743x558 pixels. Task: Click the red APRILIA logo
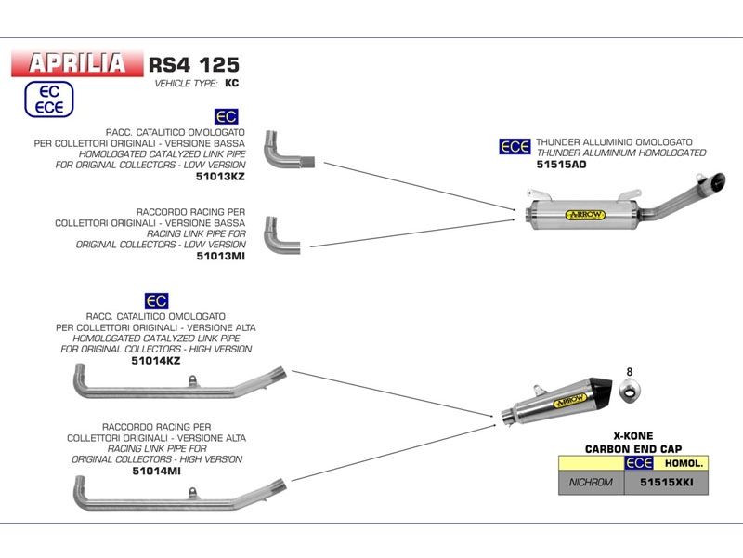pyautogui.click(x=77, y=62)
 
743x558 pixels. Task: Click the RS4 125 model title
pyautogui.click(x=193, y=64)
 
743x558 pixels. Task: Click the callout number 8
pyautogui.click(x=629, y=372)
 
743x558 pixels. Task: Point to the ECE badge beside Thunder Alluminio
pyautogui.click(x=515, y=146)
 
